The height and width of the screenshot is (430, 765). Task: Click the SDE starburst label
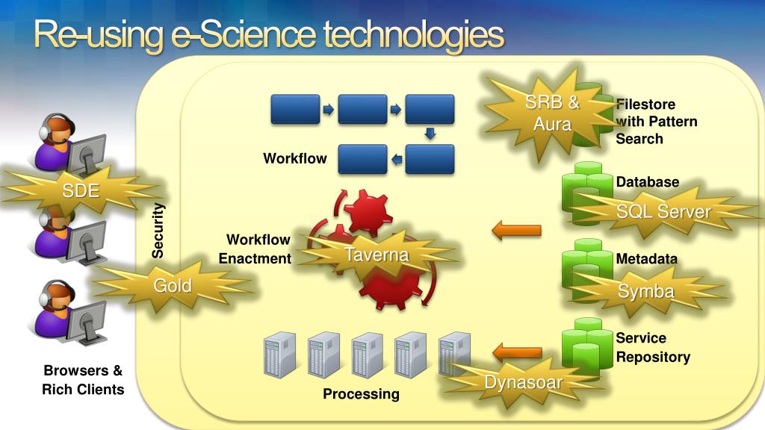pyautogui.click(x=81, y=190)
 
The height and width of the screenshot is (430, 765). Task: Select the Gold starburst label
pyautogui.click(x=173, y=285)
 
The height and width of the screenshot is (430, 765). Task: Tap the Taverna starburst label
pyautogui.click(x=377, y=255)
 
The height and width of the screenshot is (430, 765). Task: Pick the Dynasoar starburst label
pyautogui.click(x=523, y=383)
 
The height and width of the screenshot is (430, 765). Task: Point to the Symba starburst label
pyautogui.click(x=646, y=291)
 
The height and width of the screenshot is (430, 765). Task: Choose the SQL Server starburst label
pyautogui.click(x=663, y=211)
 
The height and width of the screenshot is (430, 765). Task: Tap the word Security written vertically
pyautogui.click(x=158, y=231)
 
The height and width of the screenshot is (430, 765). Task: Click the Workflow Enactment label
pyautogui.click(x=255, y=249)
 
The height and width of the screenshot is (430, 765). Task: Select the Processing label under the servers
pyautogui.click(x=361, y=393)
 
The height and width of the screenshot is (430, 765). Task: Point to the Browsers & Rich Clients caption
pyautogui.click(x=83, y=380)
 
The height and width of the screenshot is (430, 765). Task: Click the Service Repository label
pyautogui.click(x=652, y=347)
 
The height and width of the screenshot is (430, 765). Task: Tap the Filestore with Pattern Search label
pyautogui.click(x=656, y=121)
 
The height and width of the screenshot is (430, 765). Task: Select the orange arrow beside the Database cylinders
pyautogui.click(x=516, y=231)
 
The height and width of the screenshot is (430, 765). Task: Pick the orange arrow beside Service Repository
pyautogui.click(x=517, y=351)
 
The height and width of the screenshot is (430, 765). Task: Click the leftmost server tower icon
pyautogui.click(x=280, y=354)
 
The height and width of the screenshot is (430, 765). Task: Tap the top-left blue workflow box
pyautogui.click(x=294, y=109)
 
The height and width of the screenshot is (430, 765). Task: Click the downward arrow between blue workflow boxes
pyautogui.click(x=430, y=134)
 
